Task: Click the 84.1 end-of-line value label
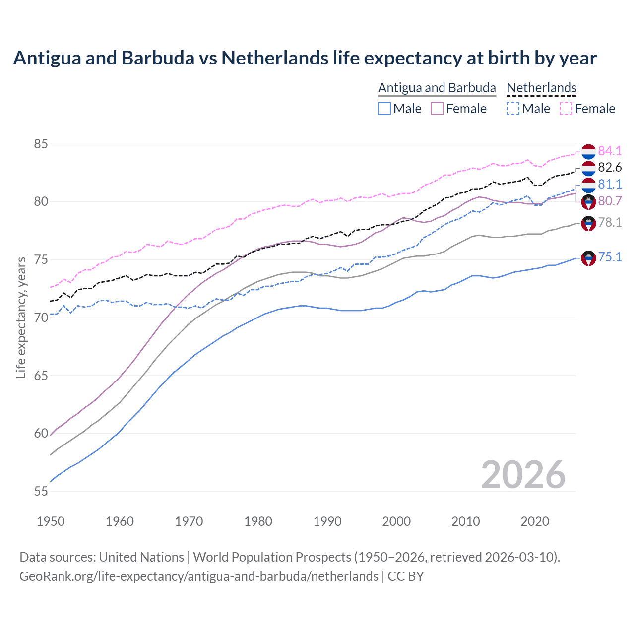[610, 151]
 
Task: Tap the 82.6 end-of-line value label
[610, 168]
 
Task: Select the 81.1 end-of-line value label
[610, 184]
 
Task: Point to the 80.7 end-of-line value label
[610, 201]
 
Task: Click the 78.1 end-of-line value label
[610, 222]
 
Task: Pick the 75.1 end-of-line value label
[610, 257]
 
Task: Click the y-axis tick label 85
[41, 144]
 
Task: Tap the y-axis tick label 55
[41, 491]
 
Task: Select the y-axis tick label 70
[41, 317]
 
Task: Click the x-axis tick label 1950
[51, 521]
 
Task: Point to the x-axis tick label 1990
[327, 521]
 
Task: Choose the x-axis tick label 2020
[535, 521]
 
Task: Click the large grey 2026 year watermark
[523, 475]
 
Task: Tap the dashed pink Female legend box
[566, 109]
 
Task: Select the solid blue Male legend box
[384, 109]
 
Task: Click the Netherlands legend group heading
[542, 88]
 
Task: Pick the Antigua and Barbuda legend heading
[437, 88]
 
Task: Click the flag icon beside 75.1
[588, 258]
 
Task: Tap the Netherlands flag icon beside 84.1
[588, 152]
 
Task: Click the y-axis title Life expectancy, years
[21, 317]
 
